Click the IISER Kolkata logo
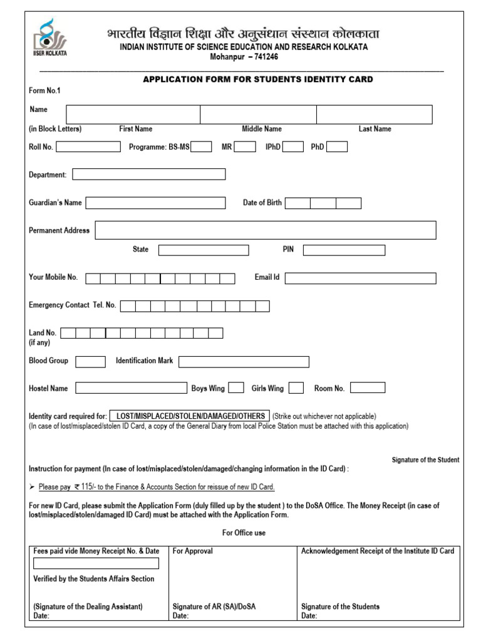(49, 38)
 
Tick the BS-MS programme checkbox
(201, 146)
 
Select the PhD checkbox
(337, 146)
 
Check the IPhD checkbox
(293, 146)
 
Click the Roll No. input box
(88, 146)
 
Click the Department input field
(149, 174)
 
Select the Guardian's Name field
(155, 203)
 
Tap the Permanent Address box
(266, 230)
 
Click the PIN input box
(344, 250)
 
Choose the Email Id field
(360, 278)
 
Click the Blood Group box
(90, 361)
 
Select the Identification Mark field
(244, 361)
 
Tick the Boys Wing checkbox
(236, 388)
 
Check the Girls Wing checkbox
(296, 388)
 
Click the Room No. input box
(368, 388)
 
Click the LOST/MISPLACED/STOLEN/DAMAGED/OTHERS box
(190, 416)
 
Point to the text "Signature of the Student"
(425, 460)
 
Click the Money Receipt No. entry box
(96, 563)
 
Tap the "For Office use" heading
(244, 533)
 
